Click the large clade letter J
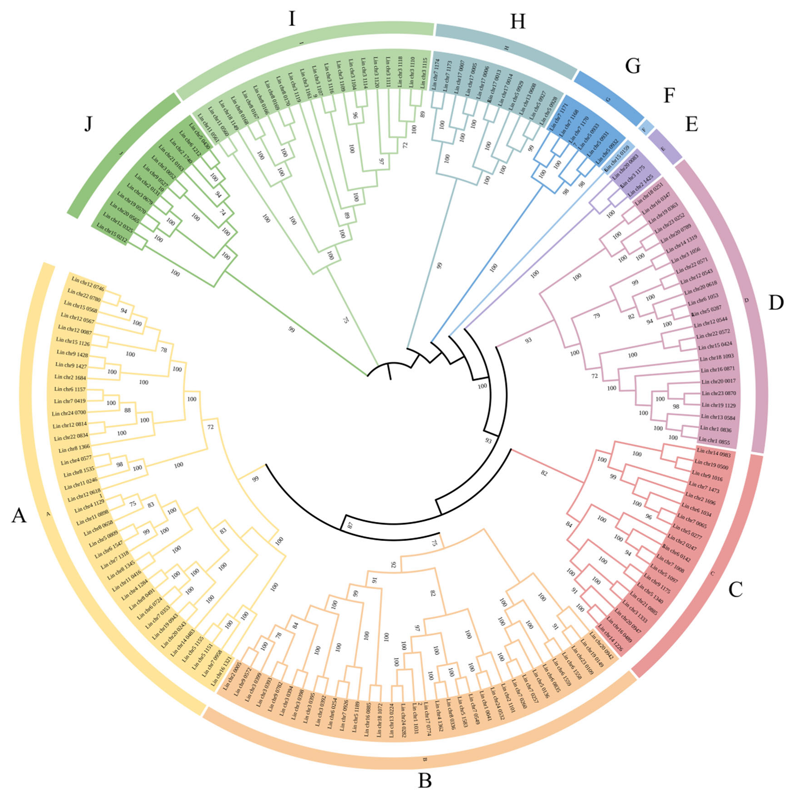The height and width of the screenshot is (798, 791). (88, 123)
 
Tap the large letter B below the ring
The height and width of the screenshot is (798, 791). (425, 781)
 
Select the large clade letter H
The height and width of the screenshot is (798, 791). (518, 21)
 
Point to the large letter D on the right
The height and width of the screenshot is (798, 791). (776, 303)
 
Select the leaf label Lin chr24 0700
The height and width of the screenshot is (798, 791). (69, 413)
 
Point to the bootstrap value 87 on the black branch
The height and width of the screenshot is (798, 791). (350, 525)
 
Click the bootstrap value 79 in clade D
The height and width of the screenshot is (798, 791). (597, 315)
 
